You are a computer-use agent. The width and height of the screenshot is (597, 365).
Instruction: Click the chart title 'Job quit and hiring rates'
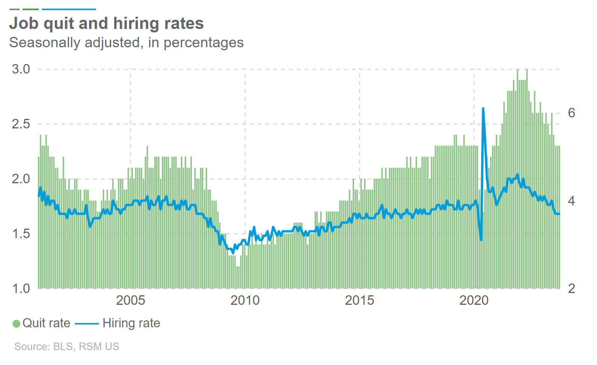[x=106, y=23]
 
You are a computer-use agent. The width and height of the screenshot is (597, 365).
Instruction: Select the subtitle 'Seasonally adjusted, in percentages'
[x=126, y=42]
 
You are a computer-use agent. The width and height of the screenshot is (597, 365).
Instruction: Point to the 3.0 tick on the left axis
[x=21, y=69]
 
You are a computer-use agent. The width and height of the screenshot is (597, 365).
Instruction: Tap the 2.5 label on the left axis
[x=21, y=124]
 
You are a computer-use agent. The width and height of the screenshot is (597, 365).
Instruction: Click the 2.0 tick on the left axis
[x=21, y=179]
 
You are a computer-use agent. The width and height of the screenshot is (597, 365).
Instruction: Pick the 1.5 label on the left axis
[x=21, y=234]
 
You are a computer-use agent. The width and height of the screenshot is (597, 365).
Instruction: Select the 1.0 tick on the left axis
[x=21, y=288]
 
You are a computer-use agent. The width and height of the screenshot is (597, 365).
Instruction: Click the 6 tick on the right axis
[x=571, y=113]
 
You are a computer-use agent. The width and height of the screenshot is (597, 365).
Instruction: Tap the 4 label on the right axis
[x=571, y=201]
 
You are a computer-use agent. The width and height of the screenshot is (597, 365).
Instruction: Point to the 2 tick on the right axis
[x=571, y=288]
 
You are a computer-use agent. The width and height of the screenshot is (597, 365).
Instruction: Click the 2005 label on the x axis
[x=131, y=300]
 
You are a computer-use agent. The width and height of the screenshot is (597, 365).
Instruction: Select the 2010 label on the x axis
[x=245, y=300]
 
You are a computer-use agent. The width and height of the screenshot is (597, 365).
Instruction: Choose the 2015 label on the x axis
[x=359, y=300]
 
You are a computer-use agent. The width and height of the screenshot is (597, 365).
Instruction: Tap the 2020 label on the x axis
[x=474, y=300]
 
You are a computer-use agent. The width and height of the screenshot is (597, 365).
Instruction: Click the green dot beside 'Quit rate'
[x=16, y=323]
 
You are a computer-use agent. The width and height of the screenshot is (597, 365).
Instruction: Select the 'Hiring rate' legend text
[x=131, y=323]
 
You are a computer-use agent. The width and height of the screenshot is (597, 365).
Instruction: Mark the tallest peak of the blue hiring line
[x=483, y=109]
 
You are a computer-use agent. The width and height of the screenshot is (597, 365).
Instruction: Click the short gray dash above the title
[x=14, y=9]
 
